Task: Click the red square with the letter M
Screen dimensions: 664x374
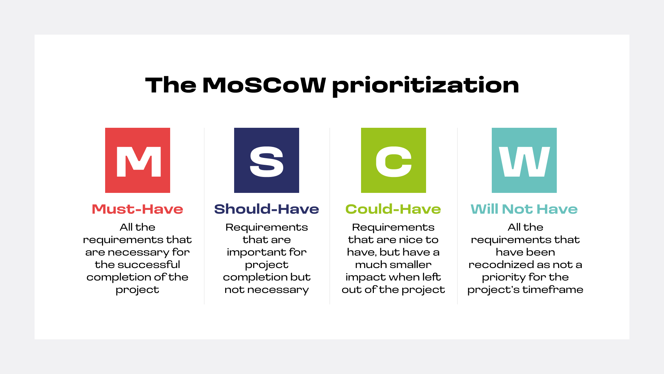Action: point(138,160)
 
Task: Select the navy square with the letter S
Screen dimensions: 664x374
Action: point(267,160)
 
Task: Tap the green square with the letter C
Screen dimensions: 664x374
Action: point(394,160)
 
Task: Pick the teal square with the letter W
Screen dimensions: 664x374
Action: point(524,160)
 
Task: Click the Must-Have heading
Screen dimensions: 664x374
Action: point(138,209)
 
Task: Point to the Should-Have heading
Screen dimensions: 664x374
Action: point(267,209)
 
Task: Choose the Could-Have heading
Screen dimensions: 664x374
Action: point(393,209)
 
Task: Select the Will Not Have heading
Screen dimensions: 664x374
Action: point(524,209)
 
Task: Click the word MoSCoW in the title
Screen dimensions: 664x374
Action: point(264,85)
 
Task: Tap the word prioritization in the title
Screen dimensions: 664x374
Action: point(426,86)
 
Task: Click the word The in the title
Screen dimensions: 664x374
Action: point(171,85)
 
